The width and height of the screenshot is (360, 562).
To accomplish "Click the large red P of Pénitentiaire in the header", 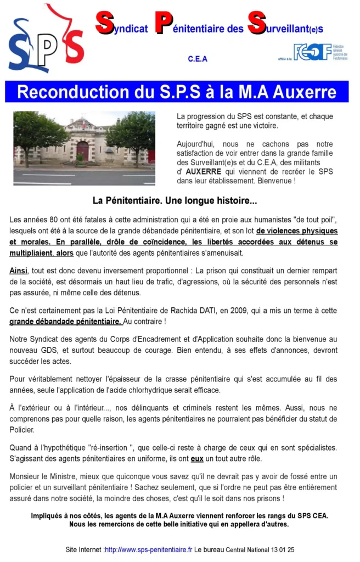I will pos(163,23).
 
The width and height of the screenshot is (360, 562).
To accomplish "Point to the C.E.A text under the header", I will pos(198,59).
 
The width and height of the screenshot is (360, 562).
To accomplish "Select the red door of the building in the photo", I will pos(83,150).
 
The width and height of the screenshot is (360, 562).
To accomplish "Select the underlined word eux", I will pos(197,458).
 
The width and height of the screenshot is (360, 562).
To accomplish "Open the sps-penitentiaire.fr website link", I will pos(148,549).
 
